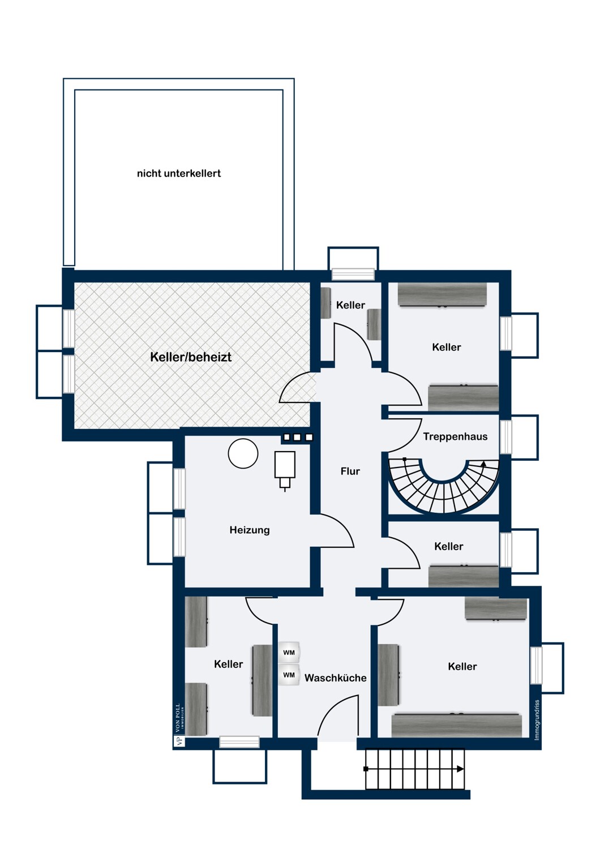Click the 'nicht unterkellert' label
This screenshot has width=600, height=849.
(x=179, y=174)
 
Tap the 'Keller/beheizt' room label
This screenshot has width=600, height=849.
(x=191, y=357)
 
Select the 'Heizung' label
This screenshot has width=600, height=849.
(x=250, y=530)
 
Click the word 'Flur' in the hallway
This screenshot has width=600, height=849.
(x=350, y=471)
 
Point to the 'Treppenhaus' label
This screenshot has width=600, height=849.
(x=455, y=436)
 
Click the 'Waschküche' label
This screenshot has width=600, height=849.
(x=335, y=678)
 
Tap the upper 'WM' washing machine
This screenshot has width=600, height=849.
(x=289, y=653)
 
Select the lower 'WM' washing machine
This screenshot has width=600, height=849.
(x=289, y=675)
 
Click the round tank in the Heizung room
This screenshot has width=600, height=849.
(x=243, y=453)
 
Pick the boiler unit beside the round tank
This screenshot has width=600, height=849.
(x=285, y=467)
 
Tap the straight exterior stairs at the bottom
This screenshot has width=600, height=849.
(x=415, y=769)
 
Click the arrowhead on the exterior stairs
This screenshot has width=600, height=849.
(x=460, y=769)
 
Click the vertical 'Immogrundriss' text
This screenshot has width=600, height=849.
(x=537, y=719)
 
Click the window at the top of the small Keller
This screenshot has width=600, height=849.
(x=353, y=275)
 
